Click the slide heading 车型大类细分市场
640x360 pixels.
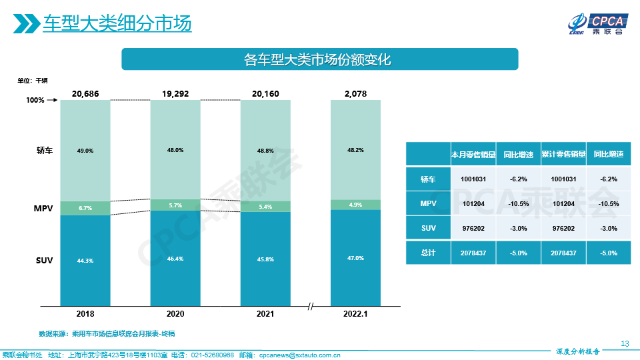point(117,23)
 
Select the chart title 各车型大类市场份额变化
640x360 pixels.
point(318,59)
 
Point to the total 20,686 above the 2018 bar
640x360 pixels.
point(85,94)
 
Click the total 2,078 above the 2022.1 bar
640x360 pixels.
point(355,94)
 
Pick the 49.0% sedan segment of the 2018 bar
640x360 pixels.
point(85,151)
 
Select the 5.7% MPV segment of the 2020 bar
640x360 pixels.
point(175,205)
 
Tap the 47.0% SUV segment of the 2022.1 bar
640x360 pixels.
point(355,257)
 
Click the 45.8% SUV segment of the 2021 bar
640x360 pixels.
point(265,259)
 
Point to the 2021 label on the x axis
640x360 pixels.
point(265,313)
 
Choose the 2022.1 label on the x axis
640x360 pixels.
point(355,313)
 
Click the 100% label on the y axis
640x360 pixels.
point(35,101)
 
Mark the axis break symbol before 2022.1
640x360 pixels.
point(311,306)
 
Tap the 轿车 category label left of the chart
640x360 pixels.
point(44,151)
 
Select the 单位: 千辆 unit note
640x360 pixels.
point(33,81)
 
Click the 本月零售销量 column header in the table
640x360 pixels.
point(473,154)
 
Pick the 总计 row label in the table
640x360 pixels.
point(427,253)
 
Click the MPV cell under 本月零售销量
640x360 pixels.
point(473,203)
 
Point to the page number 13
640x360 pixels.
point(625,343)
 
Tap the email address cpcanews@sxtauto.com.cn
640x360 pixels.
point(299,355)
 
